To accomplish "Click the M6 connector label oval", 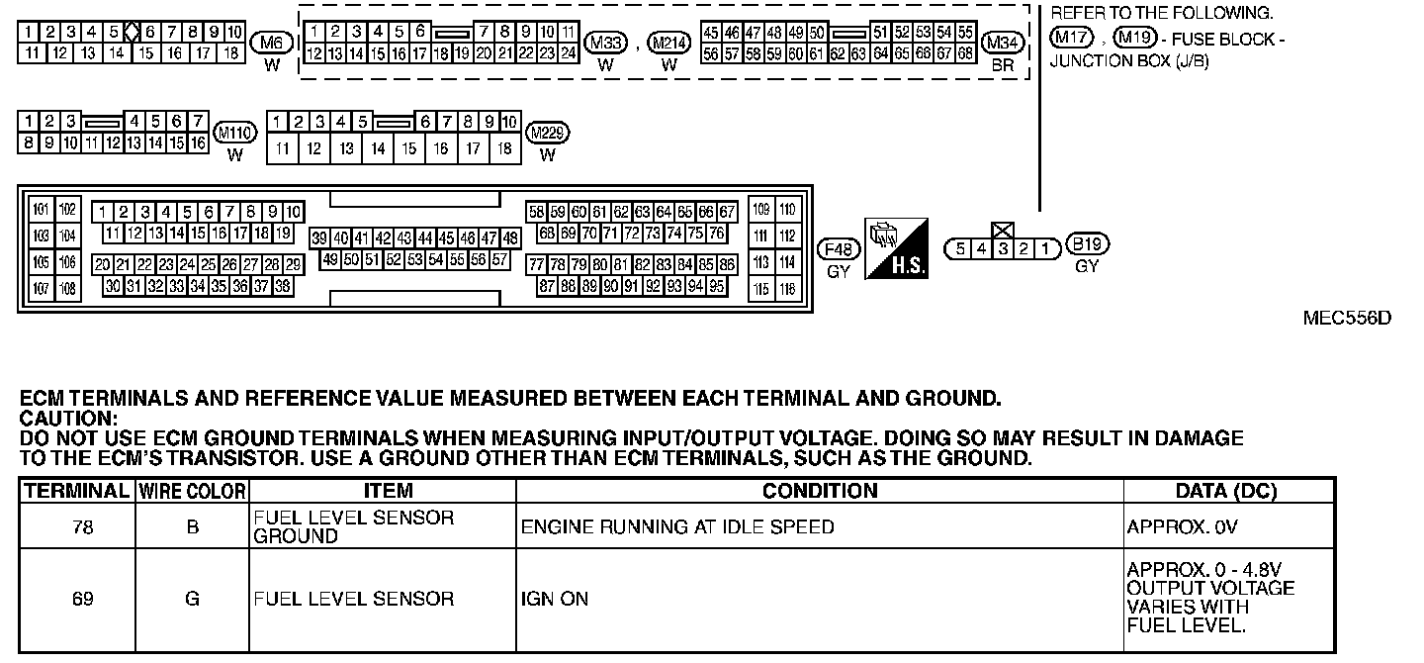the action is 272,42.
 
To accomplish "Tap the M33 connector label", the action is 606,42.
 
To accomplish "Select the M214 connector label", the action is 669,42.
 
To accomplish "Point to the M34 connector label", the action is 1004,42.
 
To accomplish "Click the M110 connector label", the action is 234,132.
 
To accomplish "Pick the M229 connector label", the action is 548,132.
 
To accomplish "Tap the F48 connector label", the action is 839,247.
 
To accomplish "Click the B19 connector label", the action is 1087,244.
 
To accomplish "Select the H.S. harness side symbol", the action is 896,247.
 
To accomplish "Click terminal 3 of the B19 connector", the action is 1002,248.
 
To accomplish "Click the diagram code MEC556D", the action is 1347,318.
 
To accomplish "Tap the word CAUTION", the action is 68,418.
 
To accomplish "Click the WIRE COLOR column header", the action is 192,491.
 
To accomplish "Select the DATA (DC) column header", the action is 1225,491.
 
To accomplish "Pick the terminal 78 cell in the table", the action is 83,527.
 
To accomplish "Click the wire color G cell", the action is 192,599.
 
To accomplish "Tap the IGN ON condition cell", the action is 554,599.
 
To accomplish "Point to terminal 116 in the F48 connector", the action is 787,290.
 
